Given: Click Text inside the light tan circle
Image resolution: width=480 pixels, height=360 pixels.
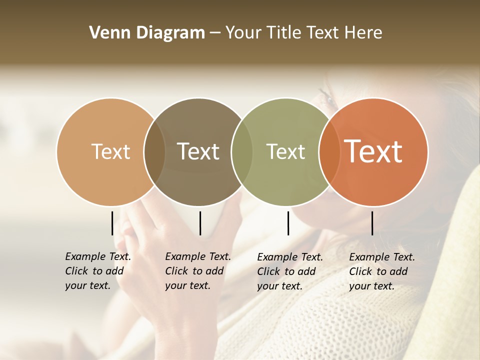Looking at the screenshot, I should click(110, 151).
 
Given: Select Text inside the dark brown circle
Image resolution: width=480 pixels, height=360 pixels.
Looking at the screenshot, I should click(198, 151).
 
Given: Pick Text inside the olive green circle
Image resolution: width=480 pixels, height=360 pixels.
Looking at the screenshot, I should click(286, 151).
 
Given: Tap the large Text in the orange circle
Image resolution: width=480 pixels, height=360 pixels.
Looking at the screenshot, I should click(373, 151).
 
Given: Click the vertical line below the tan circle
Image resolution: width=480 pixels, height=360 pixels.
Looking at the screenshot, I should click(112, 223).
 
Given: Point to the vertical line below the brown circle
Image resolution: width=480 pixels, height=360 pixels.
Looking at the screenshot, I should click(200, 223).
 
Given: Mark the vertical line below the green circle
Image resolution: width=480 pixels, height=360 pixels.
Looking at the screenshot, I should click(288, 223).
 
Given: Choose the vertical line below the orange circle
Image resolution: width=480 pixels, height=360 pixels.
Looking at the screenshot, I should click(372, 223).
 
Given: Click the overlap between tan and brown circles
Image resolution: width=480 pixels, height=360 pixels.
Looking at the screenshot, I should click(154, 151).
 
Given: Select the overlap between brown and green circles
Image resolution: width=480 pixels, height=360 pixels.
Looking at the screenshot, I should click(242, 151).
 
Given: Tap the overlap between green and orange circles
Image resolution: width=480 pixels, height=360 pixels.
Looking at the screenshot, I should click(328, 151).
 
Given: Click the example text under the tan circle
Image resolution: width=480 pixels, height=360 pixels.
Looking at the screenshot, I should click(97, 271).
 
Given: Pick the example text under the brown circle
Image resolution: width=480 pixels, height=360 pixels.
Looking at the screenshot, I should click(197, 271).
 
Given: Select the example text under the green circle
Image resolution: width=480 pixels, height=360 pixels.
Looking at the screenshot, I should click(289, 271).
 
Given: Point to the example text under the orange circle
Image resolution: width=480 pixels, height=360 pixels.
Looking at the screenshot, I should click(381, 271).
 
